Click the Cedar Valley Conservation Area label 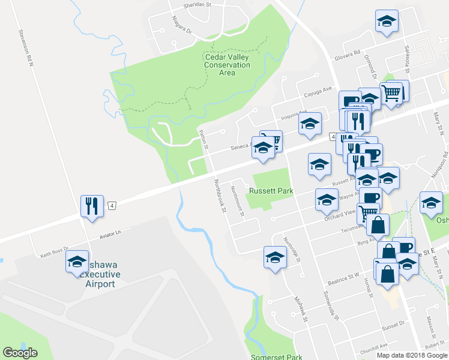pos(227,65)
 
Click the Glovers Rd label pos(348,53)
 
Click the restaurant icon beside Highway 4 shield pos(92,206)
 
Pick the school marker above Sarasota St pos(387,22)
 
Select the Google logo pos(20,353)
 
